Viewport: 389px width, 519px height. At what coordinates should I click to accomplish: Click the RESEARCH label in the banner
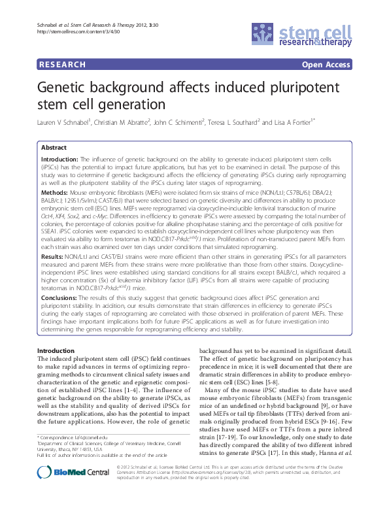click(63, 65)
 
